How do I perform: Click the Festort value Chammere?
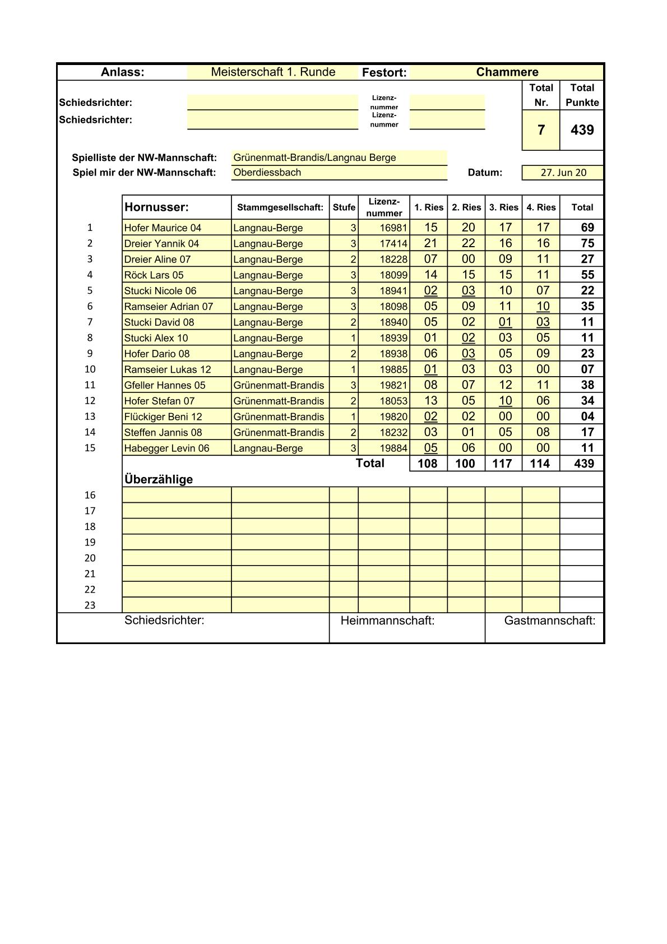507,72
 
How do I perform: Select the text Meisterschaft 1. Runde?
273,72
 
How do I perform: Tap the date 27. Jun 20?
563,173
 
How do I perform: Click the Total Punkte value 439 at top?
582,130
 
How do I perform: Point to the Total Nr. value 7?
541,130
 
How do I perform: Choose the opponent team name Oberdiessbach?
267,173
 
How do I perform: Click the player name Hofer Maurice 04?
163,228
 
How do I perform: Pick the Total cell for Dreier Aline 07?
587,259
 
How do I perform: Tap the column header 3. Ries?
503,207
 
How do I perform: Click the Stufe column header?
344,207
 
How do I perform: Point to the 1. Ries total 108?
428,464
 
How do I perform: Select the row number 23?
90,605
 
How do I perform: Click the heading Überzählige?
159,480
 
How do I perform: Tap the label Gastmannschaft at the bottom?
549,621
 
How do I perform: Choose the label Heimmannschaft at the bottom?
387,621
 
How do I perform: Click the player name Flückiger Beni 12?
163,417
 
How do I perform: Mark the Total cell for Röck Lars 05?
587,275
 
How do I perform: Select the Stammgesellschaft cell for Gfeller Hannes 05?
279,385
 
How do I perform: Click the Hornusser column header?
156,207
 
